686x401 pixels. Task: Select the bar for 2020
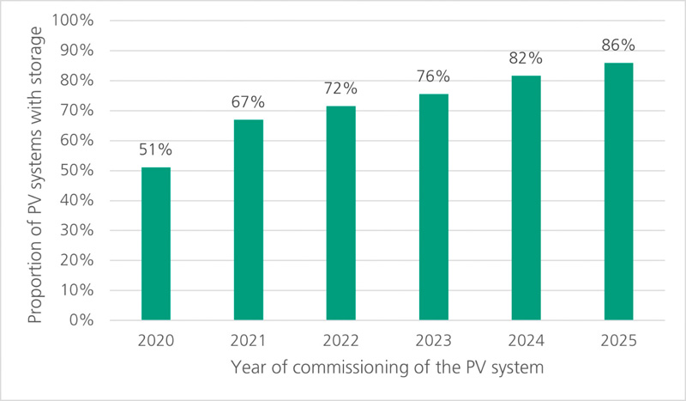click(156, 243)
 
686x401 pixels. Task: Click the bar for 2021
click(249, 220)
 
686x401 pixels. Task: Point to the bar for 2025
click(618, 191)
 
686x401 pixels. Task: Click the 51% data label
click(156, 150)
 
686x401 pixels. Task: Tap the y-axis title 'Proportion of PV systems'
click(34, 171)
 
